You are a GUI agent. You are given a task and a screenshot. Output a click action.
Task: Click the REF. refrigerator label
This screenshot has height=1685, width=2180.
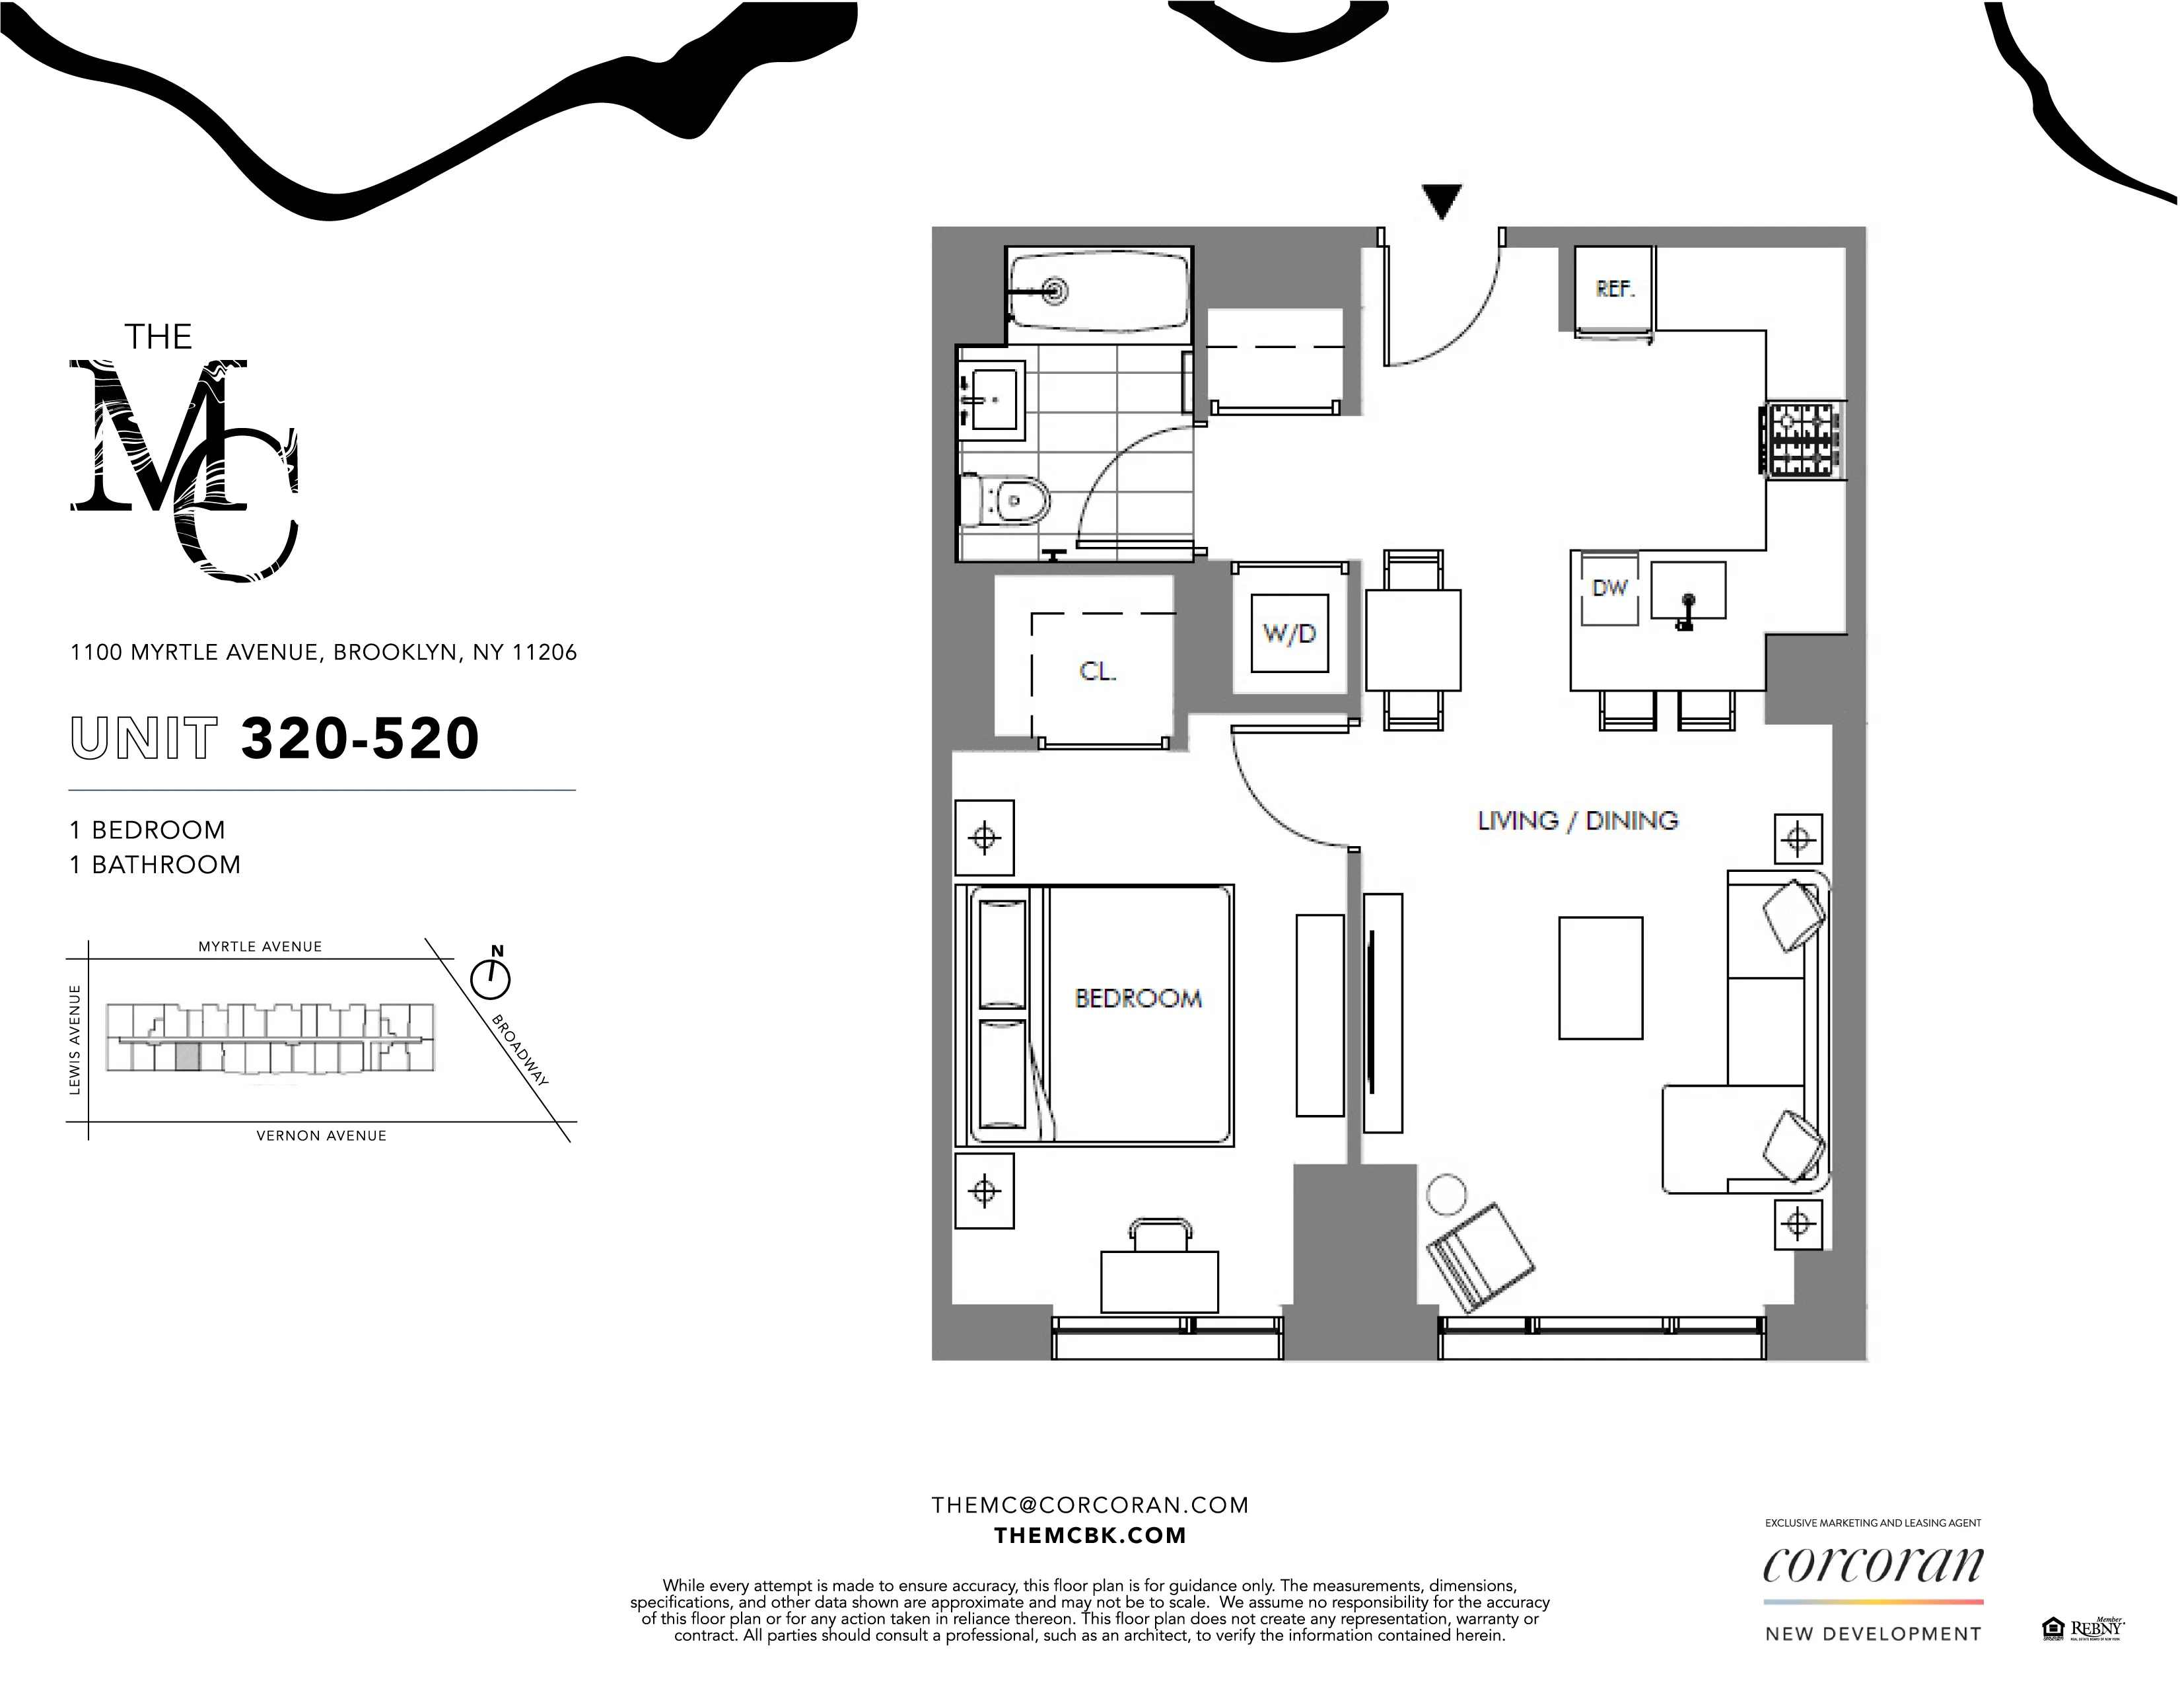coord(1614,289)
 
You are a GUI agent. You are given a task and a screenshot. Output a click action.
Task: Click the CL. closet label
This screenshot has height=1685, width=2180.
coord(1097,672)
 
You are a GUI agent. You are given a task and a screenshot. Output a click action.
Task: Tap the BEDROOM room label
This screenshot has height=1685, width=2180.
coord(1138,998)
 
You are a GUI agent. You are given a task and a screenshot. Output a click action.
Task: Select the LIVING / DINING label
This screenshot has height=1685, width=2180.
coord(1577,820)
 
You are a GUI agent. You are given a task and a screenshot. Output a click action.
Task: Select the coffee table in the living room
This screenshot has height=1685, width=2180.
coord(1600,978)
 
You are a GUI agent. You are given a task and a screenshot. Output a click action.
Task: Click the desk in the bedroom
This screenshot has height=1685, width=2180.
coord(1159,1281)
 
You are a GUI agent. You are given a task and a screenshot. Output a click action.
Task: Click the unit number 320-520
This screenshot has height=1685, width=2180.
coord(361,738)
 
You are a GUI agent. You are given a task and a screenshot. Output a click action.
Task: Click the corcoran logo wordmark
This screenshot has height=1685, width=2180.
coord(1872,1566)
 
